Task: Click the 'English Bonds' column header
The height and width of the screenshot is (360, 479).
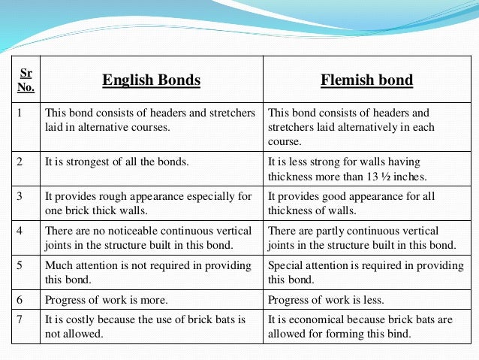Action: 151,80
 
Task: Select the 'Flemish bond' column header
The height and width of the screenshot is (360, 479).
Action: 366,80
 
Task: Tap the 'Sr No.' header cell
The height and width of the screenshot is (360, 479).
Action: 26,79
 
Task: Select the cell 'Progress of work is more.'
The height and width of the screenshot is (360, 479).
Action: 106,300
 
